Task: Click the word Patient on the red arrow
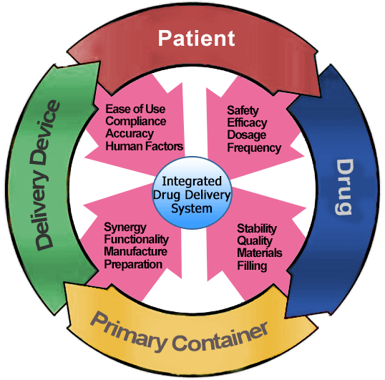tap(196, 39)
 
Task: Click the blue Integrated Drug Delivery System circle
tap(192, 193)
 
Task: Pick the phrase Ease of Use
tap(135, 109)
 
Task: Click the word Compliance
tap(136, 121)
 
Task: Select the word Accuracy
tap(130, 134)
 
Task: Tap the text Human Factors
tap(145, 146)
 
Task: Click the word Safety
tap(243, 110)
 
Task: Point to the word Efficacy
tap(247, 123)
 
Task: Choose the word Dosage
tap(246, 135)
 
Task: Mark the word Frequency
tap(254, 147)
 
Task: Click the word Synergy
tap(125, 228)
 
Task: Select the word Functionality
tap(137, 240)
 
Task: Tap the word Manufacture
tap(136, 252)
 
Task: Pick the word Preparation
tap(133, 264)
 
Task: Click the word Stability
tap(257, 229)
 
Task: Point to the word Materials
tap(260, 253)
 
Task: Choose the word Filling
tap(252, 265)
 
